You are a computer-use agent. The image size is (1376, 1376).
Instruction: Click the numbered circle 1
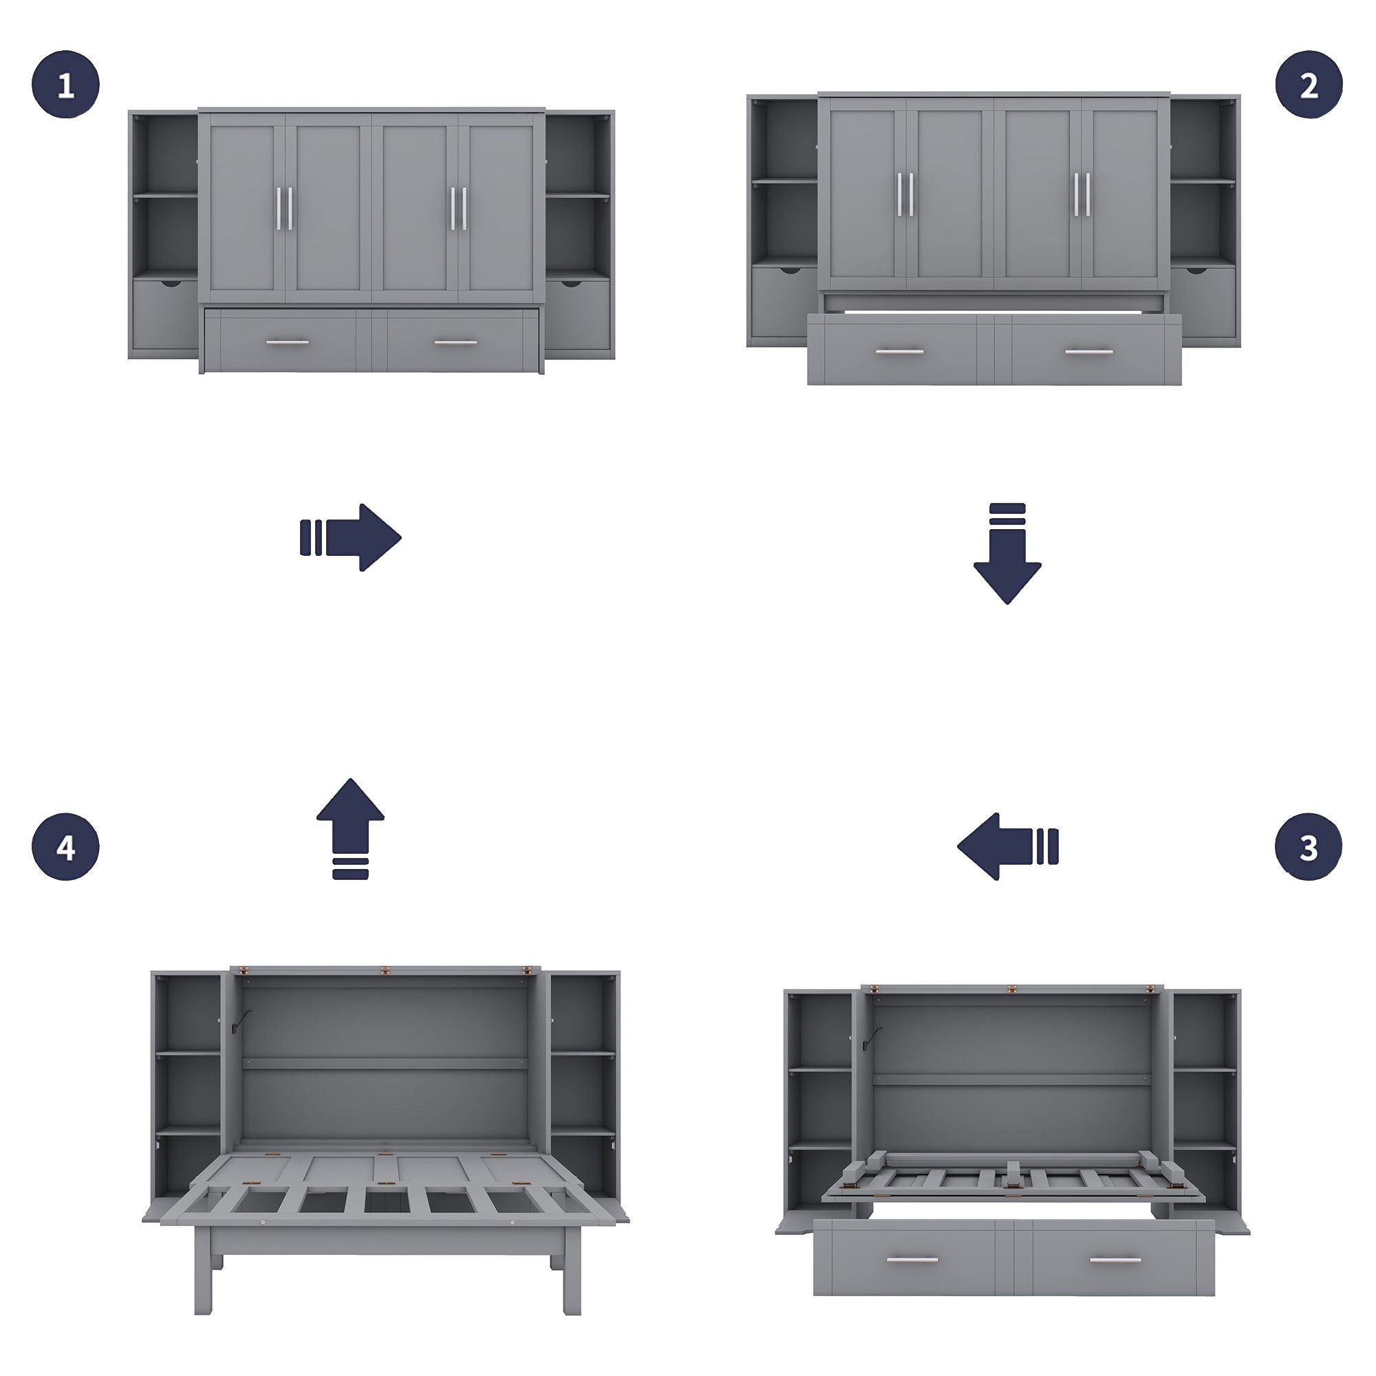(65, 85)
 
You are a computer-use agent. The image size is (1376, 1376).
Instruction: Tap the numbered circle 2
(1309, 85)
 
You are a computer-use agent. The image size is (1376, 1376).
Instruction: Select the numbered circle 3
(1309, 847)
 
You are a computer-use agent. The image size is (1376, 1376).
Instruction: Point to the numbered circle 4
(65, 847)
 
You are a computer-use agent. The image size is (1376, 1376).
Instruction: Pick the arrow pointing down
(1007, 554)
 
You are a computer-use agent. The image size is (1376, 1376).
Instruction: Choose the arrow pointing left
(1007, 847)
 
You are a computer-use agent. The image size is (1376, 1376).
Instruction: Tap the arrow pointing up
(350, 828)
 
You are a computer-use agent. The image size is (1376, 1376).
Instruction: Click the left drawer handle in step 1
(287, 343)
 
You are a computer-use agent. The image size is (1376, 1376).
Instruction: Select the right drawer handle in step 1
(456, 343)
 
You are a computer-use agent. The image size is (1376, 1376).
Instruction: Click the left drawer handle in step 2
(899, 351)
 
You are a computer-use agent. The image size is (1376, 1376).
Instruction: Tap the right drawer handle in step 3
(1115, 1260)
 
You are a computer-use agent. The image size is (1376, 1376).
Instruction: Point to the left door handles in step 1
(284, 208)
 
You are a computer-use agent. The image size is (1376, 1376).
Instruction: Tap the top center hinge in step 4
(385, 970)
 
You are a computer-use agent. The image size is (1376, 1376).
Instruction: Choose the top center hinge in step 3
(1012, 989)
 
